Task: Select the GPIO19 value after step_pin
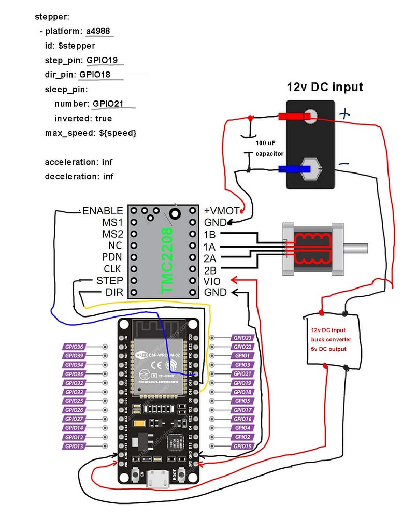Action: pos(102,60)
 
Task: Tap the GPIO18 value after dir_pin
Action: pos(95,75)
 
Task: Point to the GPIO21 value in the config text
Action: pos(108,104)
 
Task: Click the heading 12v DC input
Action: pos(325,87)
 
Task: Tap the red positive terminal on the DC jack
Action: pos(291,117)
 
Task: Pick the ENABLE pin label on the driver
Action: pos(103,211)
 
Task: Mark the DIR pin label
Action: pos(113,293)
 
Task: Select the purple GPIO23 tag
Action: pos(242,338)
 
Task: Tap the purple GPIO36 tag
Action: pos(75,347)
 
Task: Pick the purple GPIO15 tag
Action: pos(242,446)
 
